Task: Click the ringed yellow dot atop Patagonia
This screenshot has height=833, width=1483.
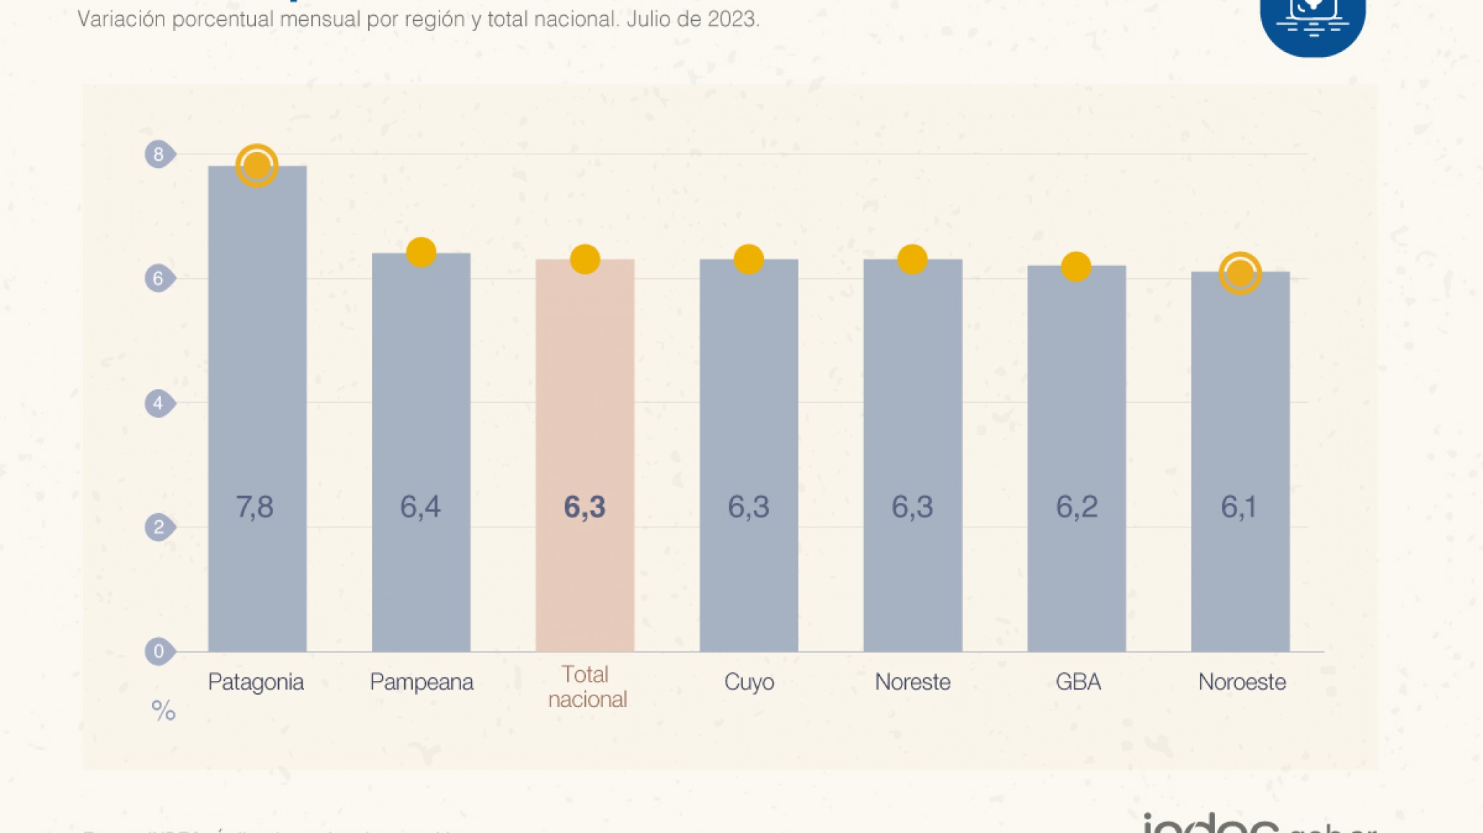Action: (257, 166)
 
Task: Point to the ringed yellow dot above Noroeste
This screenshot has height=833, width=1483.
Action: (1239, 273)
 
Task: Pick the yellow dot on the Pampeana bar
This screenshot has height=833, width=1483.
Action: (421, 252)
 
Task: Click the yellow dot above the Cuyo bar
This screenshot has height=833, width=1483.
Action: (748, 259)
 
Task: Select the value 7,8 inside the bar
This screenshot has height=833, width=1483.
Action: (255, 507)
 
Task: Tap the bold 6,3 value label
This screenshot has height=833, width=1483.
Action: (584, 507)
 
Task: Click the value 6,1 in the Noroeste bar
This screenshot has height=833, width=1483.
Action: (1239, 507)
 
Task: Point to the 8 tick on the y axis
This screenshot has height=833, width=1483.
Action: (159, 154)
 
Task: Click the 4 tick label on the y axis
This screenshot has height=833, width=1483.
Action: (159, 403)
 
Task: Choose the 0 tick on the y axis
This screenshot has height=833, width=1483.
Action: (159, 651)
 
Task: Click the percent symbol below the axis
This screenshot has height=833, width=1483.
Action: (164, 711)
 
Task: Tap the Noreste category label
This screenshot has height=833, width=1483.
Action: (912, 682)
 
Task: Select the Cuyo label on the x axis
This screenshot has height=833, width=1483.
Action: (749, 682)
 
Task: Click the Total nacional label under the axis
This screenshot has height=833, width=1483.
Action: (587, 687)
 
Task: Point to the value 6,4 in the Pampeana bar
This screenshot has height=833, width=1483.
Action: (420, 507)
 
